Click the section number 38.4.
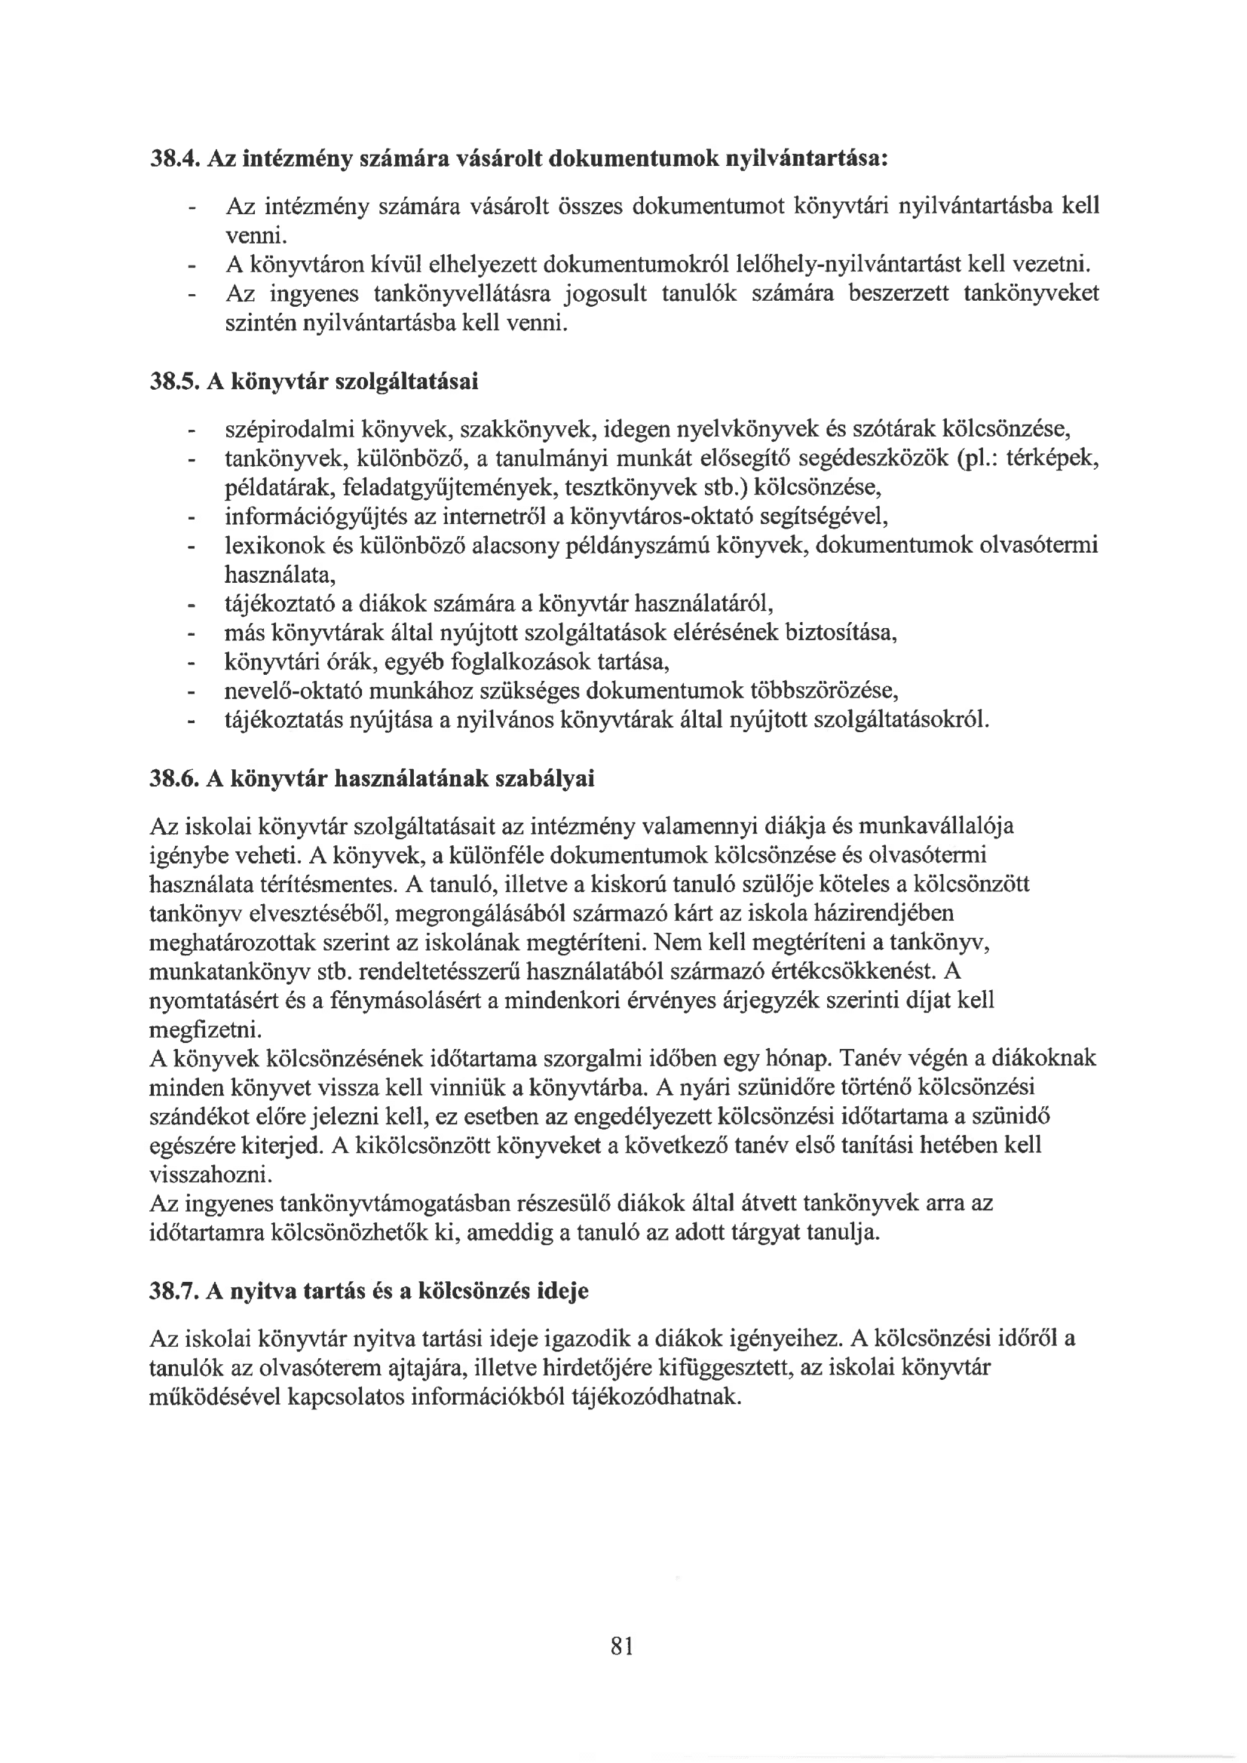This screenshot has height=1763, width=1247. point(174,159)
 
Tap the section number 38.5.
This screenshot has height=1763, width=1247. point(174,382)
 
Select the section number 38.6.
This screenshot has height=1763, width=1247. point(174,780)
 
